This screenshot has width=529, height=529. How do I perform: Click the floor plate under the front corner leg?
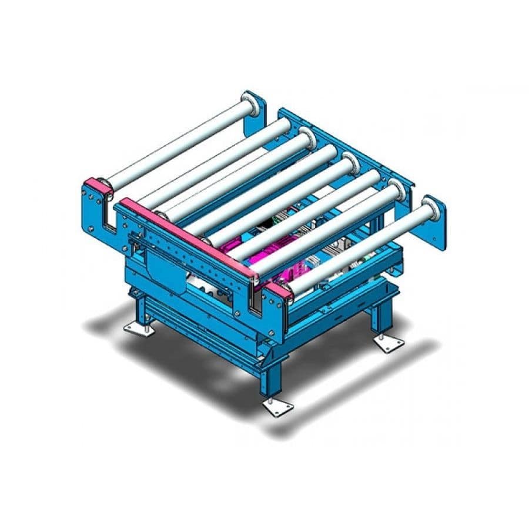click(x=277, y=408)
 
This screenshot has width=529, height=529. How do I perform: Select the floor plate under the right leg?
click(x=389, y=344)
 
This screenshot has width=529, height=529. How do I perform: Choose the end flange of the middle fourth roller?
click(x=350, y=161)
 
